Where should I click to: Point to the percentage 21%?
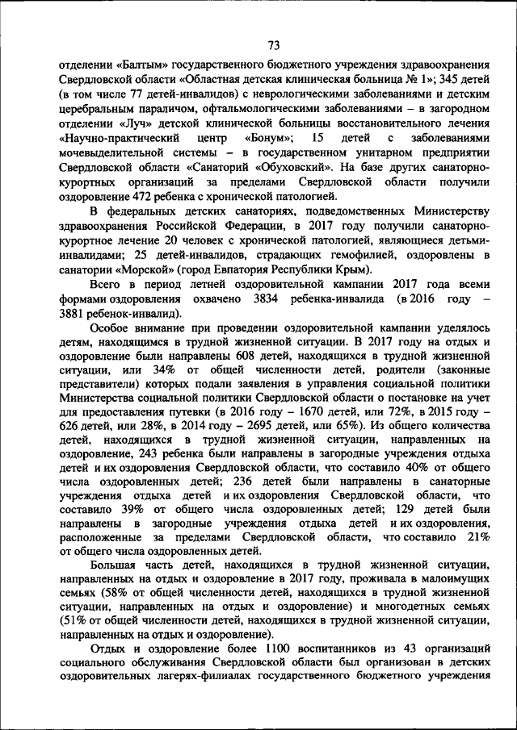click(477, 537)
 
